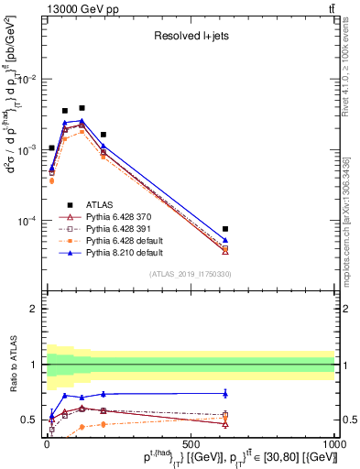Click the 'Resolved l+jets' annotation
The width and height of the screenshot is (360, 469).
coord(191,36)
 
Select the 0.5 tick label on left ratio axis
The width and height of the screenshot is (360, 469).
coord(29,420)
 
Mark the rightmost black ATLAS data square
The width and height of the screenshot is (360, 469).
coord(225,228)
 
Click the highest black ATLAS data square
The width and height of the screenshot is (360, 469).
coord(82,108)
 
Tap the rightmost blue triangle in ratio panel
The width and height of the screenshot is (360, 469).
coord(225,394)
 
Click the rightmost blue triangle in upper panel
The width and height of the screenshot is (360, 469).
coord(225,240)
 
